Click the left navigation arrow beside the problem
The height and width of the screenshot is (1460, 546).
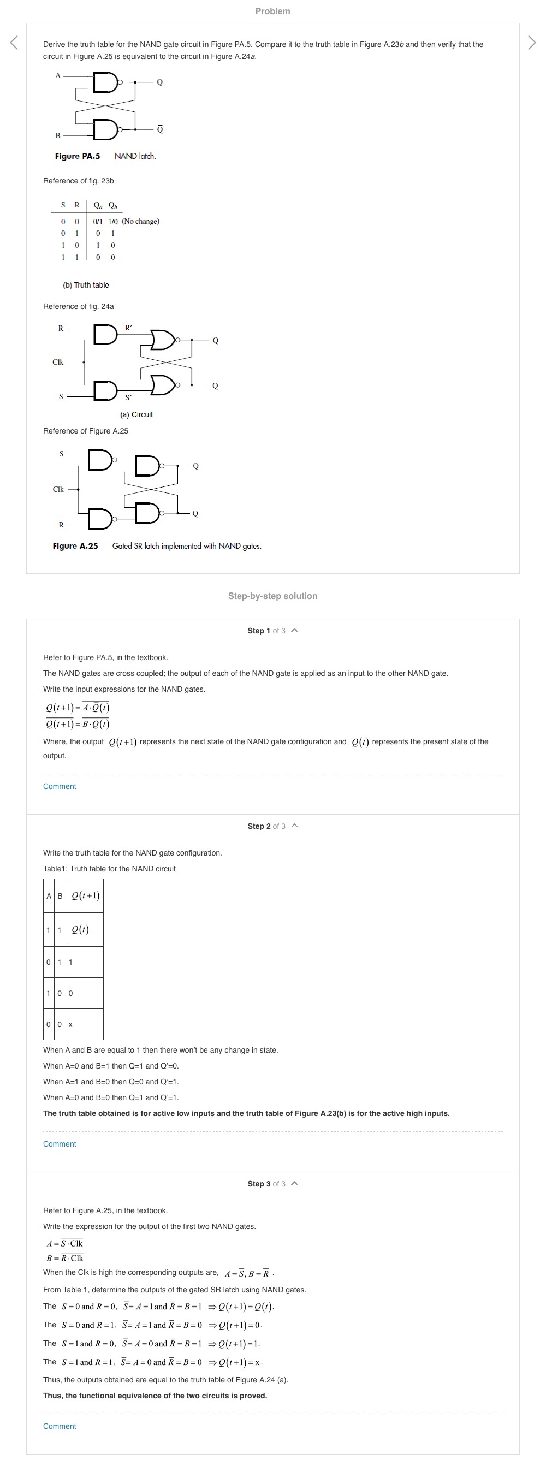[x=14, y=43]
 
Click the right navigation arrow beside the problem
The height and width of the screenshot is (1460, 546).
[x=531, y=43]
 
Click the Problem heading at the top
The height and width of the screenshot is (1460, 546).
[x=272, y=11]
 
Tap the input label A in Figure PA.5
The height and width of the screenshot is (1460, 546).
[x=58, y=75]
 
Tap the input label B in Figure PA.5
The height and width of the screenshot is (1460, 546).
[x=58, y=135]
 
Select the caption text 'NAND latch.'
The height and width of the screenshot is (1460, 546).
[x=135, y=156]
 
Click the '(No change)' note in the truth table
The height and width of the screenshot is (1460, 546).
[x=141, y=222]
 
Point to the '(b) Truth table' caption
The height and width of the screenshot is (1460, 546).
[x=86, y=285]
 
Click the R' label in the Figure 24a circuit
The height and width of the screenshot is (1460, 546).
[x=129, y=328]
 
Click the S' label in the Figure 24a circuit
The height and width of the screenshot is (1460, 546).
[x=129, y=397]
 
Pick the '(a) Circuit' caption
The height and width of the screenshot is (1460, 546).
[x=136, y=414]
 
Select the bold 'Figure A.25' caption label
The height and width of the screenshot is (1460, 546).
[x=75, y=546]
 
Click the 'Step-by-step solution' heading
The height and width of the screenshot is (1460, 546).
[x=272, y=596]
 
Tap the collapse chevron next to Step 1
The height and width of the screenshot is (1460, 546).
[x=294, y=630]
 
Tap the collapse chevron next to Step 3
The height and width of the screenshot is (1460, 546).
[x=294, y=1183]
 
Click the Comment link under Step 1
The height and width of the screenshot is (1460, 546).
[x=60, y=786]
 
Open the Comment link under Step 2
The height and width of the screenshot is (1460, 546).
[x=60, y=1144]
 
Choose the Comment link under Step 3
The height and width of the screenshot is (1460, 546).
[x=60, y=1426]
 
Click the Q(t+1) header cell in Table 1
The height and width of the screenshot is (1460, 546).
[x=85, y=895]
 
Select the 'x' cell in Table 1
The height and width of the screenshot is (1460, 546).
[x=71, y=1025]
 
